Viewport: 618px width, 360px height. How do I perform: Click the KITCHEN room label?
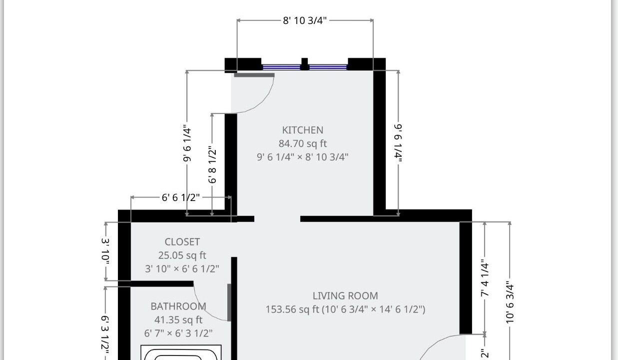[302, 130]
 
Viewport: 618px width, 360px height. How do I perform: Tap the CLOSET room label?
[182, 242]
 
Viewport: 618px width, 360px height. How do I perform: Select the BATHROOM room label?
[178, 306]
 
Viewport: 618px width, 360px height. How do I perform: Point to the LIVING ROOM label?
[345, 295]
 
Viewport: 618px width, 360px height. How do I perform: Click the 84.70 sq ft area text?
[302, 143]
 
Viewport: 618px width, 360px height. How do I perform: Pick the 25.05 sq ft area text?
[182, 255]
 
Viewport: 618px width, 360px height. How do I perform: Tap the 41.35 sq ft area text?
[178, 319]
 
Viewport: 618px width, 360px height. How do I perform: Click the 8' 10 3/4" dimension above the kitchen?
[305, 20]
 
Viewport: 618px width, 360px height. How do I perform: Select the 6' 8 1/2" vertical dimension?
[212, 165]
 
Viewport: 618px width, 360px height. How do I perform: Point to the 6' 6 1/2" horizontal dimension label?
[180, 197]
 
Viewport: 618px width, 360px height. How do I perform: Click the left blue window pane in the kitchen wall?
[281, 67]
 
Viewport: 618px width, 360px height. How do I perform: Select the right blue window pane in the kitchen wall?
[328, 67]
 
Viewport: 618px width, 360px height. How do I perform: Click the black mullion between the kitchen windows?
[305, 64]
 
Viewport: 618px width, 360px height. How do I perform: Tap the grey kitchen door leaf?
[254, 75]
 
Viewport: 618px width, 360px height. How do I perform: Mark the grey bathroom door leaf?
[229, 302]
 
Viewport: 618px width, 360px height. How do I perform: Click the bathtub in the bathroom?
[181, 352]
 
